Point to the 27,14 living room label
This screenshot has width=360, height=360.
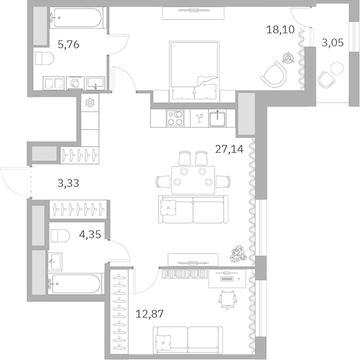point(230,149)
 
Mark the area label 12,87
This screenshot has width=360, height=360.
point(149,314)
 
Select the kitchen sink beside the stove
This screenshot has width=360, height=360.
point(218,117)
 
